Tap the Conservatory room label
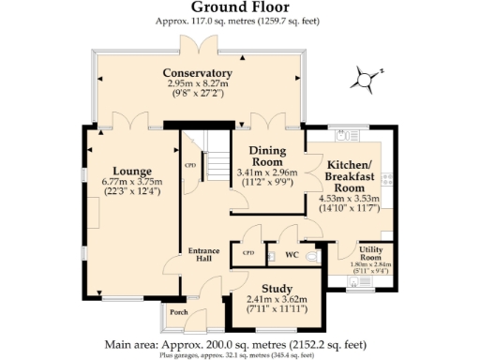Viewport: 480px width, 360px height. [x=197, y=73]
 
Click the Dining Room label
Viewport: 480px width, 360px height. [x=267, y=155]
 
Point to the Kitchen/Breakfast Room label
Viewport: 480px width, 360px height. [x=352, y=176]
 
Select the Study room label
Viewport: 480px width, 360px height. [x=277, y=288]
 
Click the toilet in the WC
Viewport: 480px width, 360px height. [x=312, y=254]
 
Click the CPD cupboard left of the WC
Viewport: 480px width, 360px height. [x=248, y=253]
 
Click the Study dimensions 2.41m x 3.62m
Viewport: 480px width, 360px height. [x=277, y=299]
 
